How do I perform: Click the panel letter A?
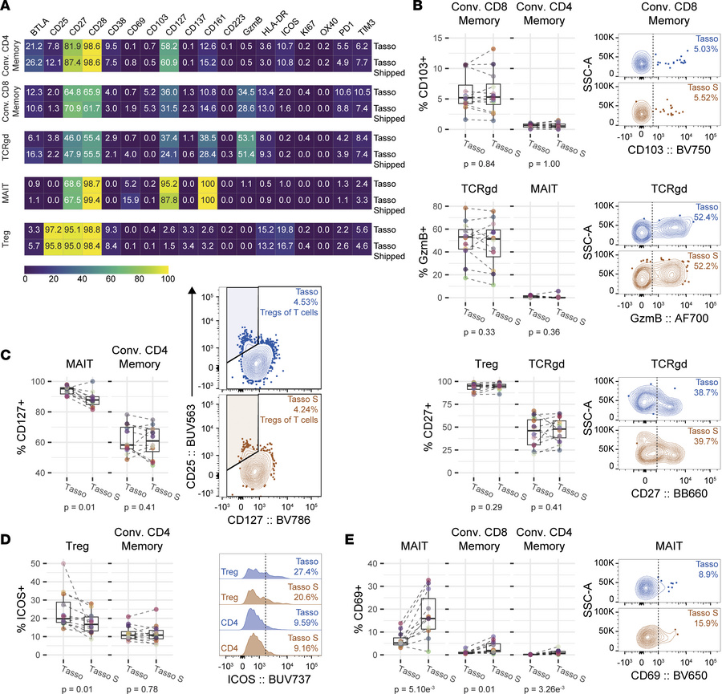coord(6,7)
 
